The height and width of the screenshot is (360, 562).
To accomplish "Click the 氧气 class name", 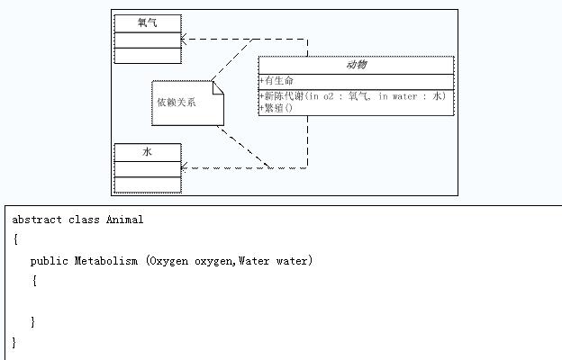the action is [147, 22].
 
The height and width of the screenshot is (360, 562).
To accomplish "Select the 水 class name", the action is [147, 152].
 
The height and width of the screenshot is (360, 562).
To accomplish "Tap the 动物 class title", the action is [356, 66].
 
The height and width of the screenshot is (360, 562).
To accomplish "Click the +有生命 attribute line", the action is [276, 81].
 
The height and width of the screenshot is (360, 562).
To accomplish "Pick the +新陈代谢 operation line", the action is [352, 95].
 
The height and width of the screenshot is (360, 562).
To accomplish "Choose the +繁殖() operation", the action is [276, 108].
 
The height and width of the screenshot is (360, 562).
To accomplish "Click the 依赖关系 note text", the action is [177, 102].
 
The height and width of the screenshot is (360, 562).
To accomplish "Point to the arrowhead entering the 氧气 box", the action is [184, 40].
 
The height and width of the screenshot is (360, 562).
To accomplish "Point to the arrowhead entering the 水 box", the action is [184, 166].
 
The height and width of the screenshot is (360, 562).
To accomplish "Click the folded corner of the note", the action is [217, 87].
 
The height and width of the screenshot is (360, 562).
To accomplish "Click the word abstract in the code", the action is [37, 220].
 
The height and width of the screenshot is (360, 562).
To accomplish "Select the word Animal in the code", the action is [124, 220].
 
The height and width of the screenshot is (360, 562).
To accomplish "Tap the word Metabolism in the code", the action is [106, 261].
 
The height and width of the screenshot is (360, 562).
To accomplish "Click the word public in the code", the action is [49, 261].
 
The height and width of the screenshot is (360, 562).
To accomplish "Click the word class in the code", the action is [84, 220].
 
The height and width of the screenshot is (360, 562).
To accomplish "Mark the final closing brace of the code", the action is [14, 342].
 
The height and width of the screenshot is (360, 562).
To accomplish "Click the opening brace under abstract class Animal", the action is [15, 240].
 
